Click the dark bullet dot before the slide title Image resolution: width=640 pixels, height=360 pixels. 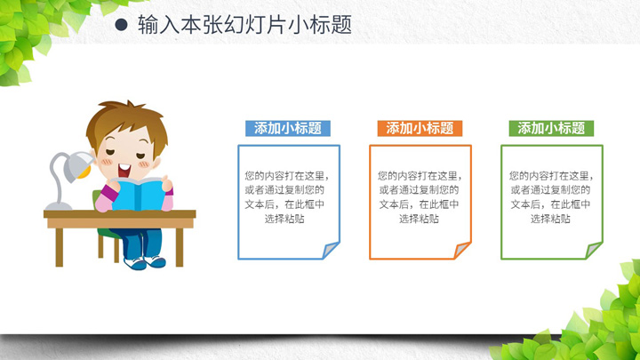click(x=121, y=25)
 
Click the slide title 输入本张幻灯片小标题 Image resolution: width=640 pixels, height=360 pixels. click(x=245, y=25)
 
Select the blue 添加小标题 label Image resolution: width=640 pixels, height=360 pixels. click(x=288, y=128)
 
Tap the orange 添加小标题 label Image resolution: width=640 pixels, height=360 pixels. click(x=420, y=128)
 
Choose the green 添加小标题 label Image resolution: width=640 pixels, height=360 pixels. click(x=551, y=128)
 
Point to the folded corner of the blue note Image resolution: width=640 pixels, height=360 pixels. click(x=330, y=250)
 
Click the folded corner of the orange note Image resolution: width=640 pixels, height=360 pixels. click(x=461, y=250)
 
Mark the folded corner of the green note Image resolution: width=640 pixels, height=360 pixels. click(x=593, y=250)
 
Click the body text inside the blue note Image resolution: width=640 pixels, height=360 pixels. click(x=286, y=197)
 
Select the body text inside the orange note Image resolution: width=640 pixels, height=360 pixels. click(x=420, y=197)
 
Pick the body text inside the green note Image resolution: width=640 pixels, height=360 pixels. click(x=551, y=197)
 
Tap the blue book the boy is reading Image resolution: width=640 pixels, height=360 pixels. click(x=138, y=195)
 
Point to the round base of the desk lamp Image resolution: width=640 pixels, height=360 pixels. click(x=59, y=205)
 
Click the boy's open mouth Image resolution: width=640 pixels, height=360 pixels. click(x=124, y=170)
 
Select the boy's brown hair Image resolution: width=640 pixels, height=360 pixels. click(x=126, y=123)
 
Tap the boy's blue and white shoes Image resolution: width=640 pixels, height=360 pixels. click(x=145, y=262)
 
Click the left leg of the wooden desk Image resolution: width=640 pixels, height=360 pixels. click(x=60, y=247)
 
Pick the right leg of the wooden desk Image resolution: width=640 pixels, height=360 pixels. click(x=180, y=247)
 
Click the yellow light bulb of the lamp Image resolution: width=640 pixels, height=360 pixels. click(x=85, y=173)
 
